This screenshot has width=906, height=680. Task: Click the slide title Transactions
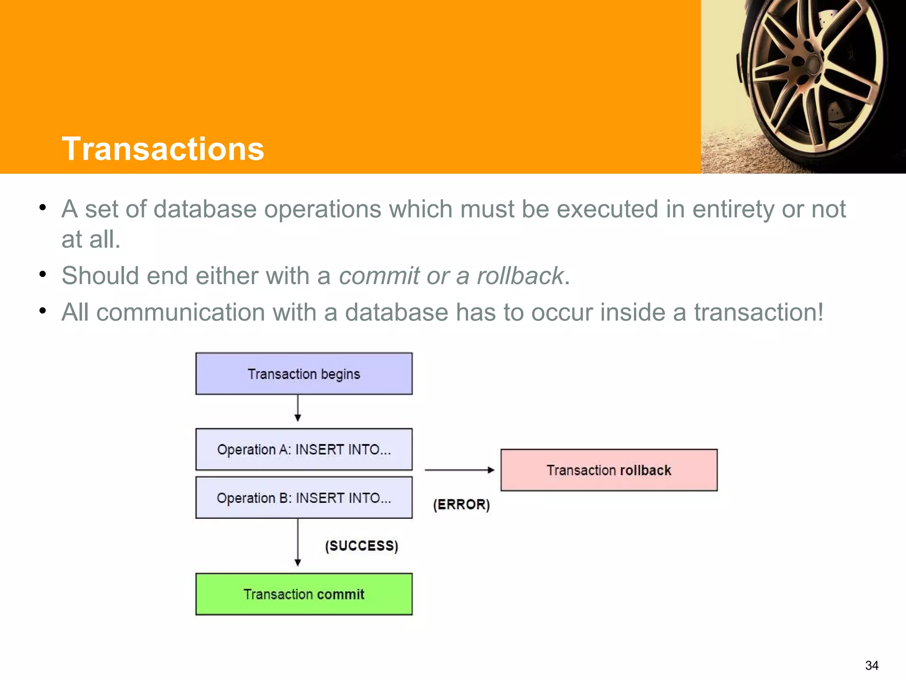point(163,149)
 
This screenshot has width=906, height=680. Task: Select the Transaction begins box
point(304,374)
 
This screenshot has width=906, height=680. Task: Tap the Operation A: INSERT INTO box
point(304,449)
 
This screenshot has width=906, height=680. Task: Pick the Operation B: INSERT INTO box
point(304,498)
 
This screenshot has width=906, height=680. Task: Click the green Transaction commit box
point(304,594)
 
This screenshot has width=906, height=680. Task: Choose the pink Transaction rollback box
point(609,470)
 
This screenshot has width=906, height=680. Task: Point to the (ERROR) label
point(461,504)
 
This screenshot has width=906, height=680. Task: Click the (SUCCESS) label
point(361,545)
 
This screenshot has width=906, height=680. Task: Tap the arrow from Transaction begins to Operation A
point(298,408)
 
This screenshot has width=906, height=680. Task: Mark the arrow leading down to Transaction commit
point(298,542)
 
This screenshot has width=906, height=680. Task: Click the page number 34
point(871,665)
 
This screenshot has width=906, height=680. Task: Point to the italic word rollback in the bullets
point(520,276)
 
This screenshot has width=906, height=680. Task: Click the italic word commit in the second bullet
point(379,276)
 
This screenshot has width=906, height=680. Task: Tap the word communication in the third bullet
point(180,312)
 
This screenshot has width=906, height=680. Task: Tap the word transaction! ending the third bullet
point(758,312)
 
